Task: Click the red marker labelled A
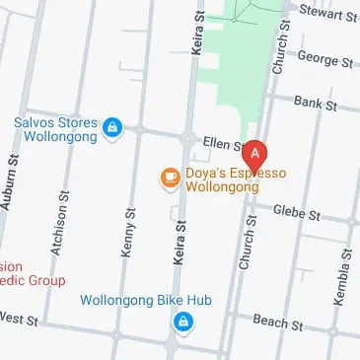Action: (x=256, y=156)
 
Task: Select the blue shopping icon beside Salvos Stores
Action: (x=113, y=126)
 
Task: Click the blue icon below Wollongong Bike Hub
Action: (x=182, y=322)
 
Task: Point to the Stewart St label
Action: (x=326, y=15)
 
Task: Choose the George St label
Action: (x=324, y=60)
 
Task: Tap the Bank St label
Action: (x=316, y=103)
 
